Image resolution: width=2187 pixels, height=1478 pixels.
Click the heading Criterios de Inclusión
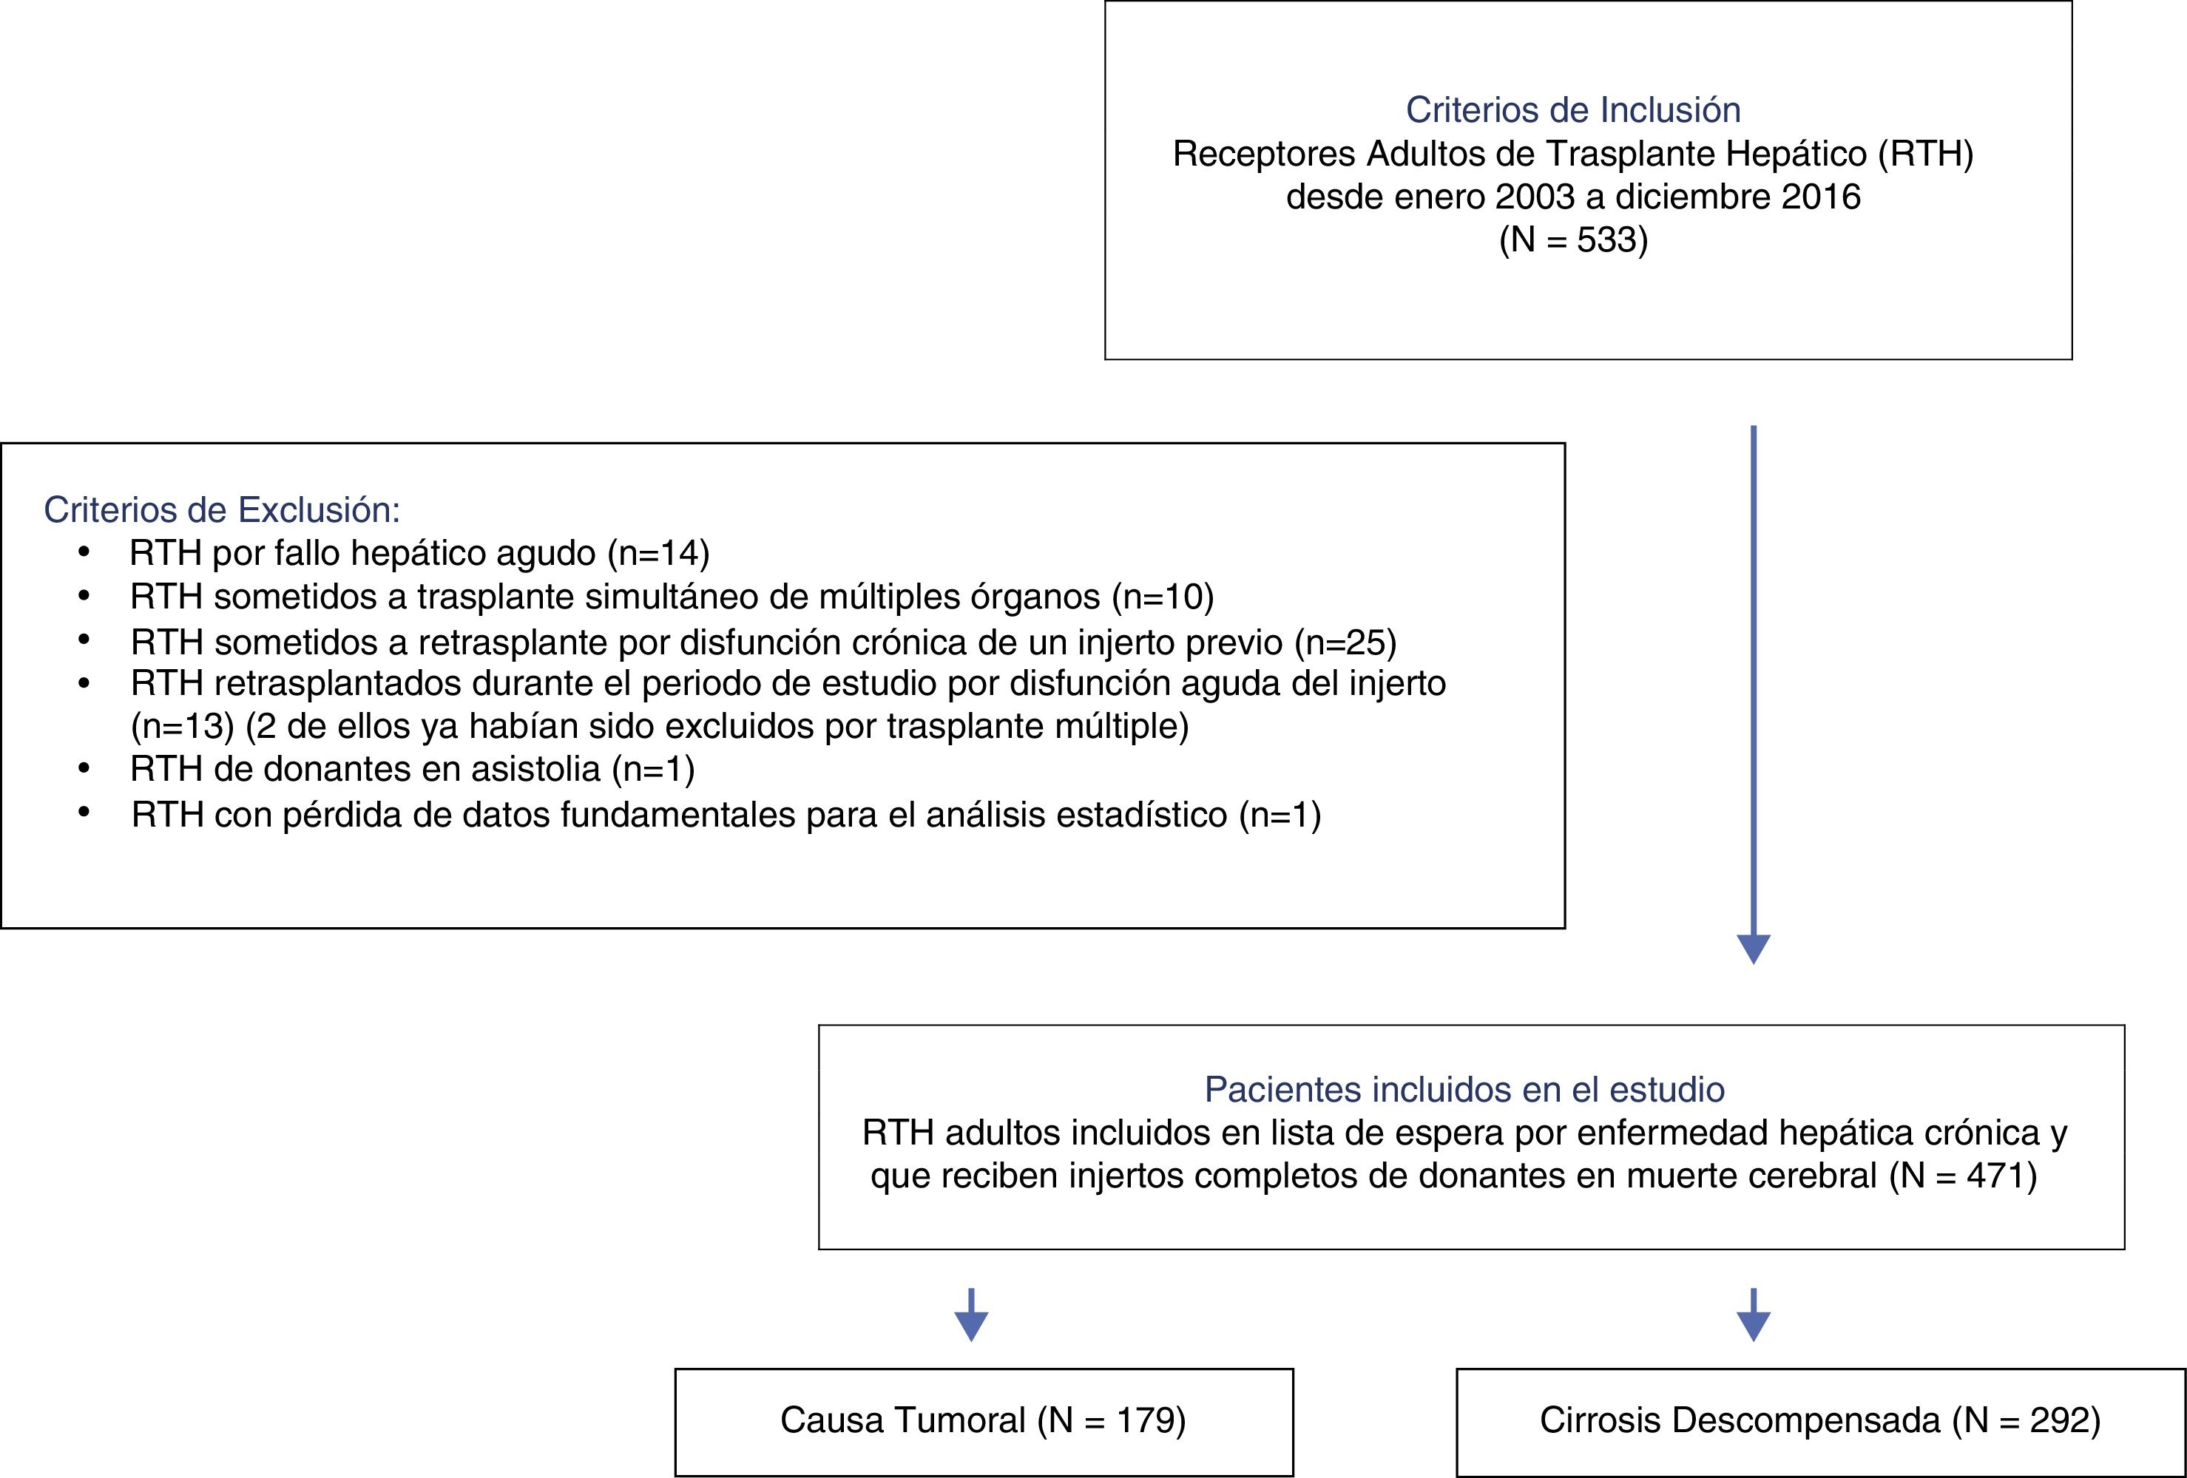click(x=1572, y=110)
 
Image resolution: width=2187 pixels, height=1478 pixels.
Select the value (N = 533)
click(x=1572, y=240)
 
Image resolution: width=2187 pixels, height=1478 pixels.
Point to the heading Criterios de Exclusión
click(x=222, y=510)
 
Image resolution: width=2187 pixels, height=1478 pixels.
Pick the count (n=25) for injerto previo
click(x=1345, y=643)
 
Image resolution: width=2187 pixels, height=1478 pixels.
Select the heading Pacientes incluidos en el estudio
click(x=1464, y=1089)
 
